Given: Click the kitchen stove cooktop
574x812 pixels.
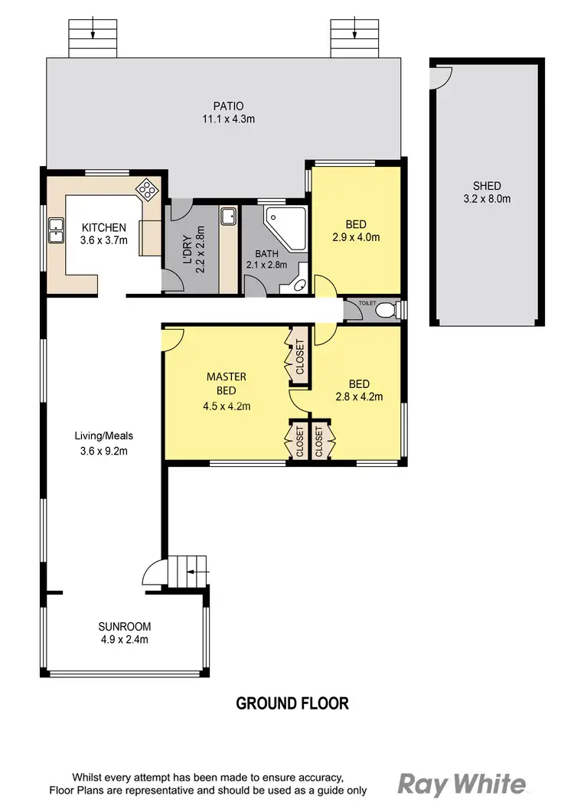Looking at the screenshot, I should pyautogui.click(x=146, y=188).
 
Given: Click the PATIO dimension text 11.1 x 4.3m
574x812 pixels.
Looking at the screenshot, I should pyautogui.click(x=223, y=119).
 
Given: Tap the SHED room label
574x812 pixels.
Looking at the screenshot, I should pyautogui.click(x=487, y=186).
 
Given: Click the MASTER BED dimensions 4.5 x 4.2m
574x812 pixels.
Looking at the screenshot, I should pyautogui.click(x=226, y=406).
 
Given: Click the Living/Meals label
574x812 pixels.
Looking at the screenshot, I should pyautogui.click(x=103, y=436).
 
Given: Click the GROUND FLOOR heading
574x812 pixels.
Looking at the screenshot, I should pyautogui.click(x=292, y=703).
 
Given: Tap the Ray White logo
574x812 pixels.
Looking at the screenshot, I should pyautogui.click(x=462, y=784).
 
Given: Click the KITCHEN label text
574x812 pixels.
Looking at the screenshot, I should pyautogui.click(x=103, y=227).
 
